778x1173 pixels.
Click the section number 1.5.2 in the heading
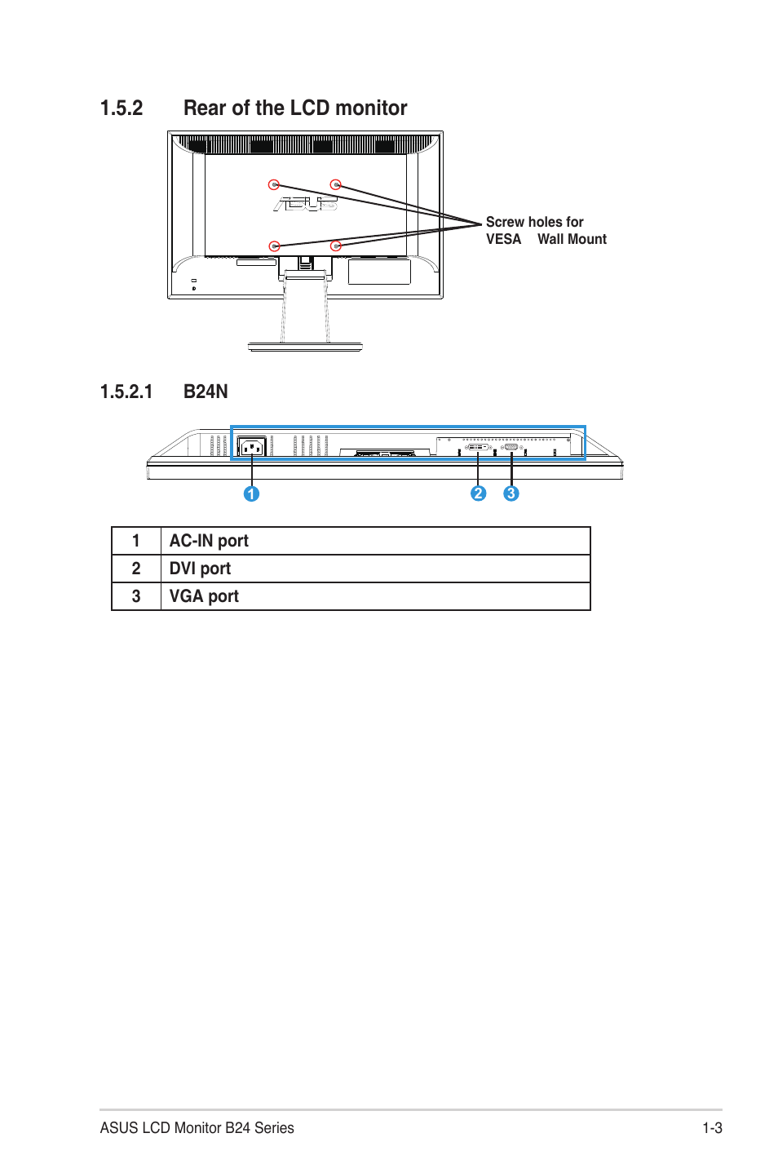coord(122,108)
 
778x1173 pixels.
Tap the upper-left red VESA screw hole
coord(274,185)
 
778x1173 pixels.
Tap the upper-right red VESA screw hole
coord(335,185)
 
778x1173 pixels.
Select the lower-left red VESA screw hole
coord(274,246)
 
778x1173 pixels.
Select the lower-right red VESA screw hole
coord(335,246)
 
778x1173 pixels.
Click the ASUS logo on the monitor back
coord(305,204)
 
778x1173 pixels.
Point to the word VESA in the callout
coord(503,239)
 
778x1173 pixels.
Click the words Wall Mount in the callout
coord(572,239)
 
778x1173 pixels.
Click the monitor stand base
coord(305,347)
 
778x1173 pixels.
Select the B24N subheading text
coord(206,392)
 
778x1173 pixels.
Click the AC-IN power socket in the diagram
coord(251,447)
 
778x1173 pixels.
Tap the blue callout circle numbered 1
coord(251,494)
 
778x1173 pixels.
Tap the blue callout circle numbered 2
coord(478,494)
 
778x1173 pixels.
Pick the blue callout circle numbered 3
coord(511,494)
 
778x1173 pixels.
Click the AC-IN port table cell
coord(209,541)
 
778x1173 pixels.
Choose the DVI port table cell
coord(200,569)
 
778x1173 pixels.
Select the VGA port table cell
coord(204,596)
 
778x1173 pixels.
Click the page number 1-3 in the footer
coord(712,1128)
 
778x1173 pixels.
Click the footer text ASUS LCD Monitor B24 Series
coord(197,1128)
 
